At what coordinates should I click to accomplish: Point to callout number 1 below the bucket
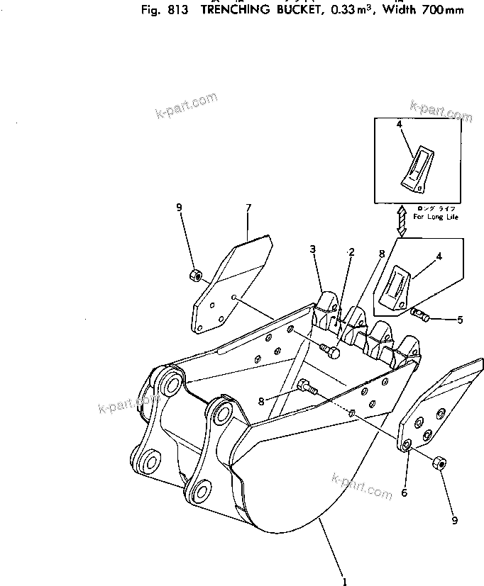pos(344,582)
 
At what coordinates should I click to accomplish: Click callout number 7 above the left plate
pos(248,208)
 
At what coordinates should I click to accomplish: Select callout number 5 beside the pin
pos(459,320)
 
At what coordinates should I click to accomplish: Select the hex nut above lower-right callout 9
pos(439,464)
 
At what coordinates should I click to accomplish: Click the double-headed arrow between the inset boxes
pos(401,220)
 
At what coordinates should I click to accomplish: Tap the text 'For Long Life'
pos(435,217)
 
